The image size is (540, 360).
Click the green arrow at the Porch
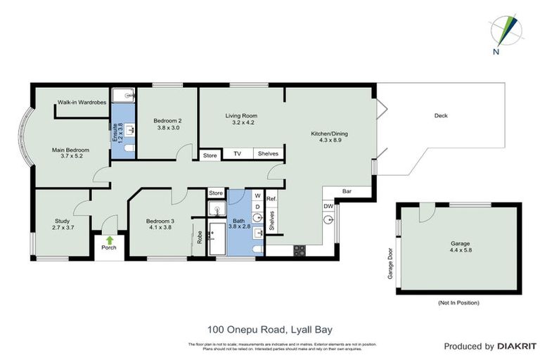[108, 240]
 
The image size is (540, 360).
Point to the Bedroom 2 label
[168, 124]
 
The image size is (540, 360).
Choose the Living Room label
[241, 120]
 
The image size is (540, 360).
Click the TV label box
[237, 154]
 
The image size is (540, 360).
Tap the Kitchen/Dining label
[329, 137]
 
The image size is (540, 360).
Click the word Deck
[441, 116]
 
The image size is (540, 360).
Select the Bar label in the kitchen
[347, 191]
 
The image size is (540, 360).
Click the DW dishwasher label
[328, 205]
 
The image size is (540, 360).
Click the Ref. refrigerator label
[271, 200]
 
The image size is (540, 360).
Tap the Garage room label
[460, 247]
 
